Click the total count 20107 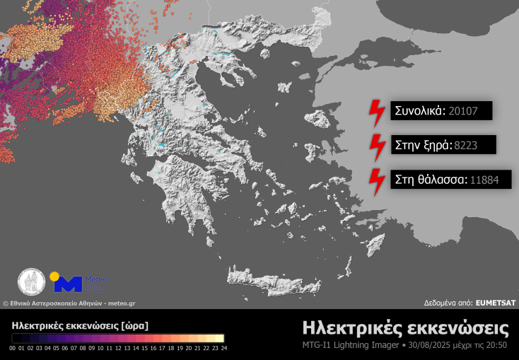coord(464,110)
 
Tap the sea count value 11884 coord(484,180)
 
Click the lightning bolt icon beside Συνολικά coord(376,110)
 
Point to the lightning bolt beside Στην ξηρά coord(376,144)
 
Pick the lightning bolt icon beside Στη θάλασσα coord(376,180)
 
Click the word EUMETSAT coord(496,302)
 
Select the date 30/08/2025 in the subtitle coord(431,346)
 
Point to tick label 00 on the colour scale coord(13,348)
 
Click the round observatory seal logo coord(32,281)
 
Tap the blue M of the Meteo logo coord(69,284)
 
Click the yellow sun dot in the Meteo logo coord(54,276)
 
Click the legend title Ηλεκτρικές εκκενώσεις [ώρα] coord(80,326)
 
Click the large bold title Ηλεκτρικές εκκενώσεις coord(405,329)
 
